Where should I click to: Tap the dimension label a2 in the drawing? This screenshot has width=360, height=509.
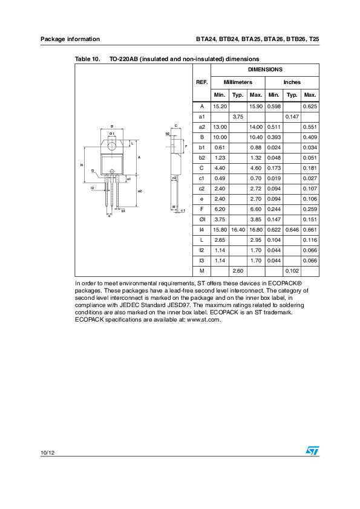point(140,191)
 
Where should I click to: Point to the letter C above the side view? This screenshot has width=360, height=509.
point(175,125)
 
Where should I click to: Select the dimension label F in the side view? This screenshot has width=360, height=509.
point(186,147)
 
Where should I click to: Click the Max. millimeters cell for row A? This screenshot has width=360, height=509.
point(255,106)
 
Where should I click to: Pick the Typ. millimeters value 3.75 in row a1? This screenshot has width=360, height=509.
point(237,116)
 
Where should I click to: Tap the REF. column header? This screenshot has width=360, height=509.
point(201,82)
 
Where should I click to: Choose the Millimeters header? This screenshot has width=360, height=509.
point(237,82)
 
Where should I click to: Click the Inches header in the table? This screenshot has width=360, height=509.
point(292,82)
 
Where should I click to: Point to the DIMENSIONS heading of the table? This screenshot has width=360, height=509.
point(264,70)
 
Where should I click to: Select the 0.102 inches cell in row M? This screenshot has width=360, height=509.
point(292,271)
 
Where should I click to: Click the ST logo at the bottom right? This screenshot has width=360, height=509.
point(312,451)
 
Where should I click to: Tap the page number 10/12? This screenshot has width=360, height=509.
point(47,452)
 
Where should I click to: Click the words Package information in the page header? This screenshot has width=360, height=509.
point(70,39)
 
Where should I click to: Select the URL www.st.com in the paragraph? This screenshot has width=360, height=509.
point(203,320)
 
